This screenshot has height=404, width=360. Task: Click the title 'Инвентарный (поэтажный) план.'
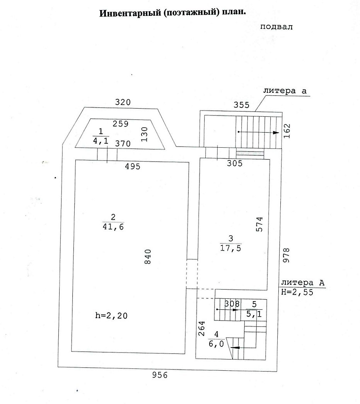[x=173, y=13]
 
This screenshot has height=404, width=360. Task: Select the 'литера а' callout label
[x=285, y=91]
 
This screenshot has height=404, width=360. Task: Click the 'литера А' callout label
[x=303, y=283]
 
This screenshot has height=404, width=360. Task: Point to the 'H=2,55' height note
[x=297, y=293]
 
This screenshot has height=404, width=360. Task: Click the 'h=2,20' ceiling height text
[x=111, y=315]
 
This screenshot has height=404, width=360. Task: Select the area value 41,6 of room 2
[x=113, y=227]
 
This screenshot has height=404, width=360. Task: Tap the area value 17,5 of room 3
[x=230, y=249]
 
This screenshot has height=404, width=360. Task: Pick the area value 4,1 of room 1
[x=101, y=141]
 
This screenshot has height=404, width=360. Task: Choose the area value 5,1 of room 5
[x=254, y=314]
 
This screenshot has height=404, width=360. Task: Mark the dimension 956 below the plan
[x=159, y=375]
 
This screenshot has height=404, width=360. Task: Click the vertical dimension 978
[x=287, y=256]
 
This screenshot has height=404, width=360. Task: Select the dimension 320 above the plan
[x=123, y=102]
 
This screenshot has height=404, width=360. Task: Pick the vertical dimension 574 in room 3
[x=260, y=224]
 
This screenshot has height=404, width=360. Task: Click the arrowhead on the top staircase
[x=275, y=132]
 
